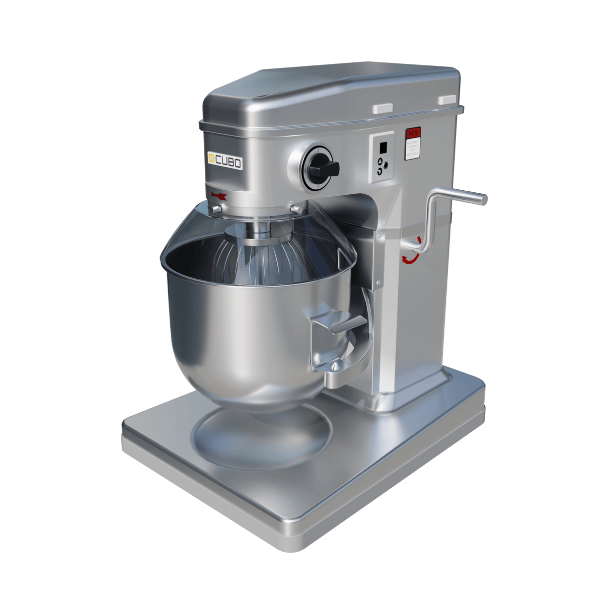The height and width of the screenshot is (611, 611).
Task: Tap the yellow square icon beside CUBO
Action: pos(212,159)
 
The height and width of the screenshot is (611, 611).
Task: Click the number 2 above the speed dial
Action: pos(318,150)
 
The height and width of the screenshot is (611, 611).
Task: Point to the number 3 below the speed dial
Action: pos(318,186)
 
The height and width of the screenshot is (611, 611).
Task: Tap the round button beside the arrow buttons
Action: pos(386,165)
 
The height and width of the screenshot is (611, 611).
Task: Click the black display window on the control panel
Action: pos(383,147)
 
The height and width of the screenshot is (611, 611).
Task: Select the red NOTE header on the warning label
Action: pos(413,133)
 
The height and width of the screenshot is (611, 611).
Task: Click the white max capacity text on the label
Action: pos(413,149)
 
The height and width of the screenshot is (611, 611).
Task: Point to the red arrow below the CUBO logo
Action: pos(219,196)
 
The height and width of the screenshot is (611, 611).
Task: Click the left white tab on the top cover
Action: pos(383,108)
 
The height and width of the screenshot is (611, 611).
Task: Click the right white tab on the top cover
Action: pos(447,100)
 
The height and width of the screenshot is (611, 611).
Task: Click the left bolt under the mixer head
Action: pos(216,208)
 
